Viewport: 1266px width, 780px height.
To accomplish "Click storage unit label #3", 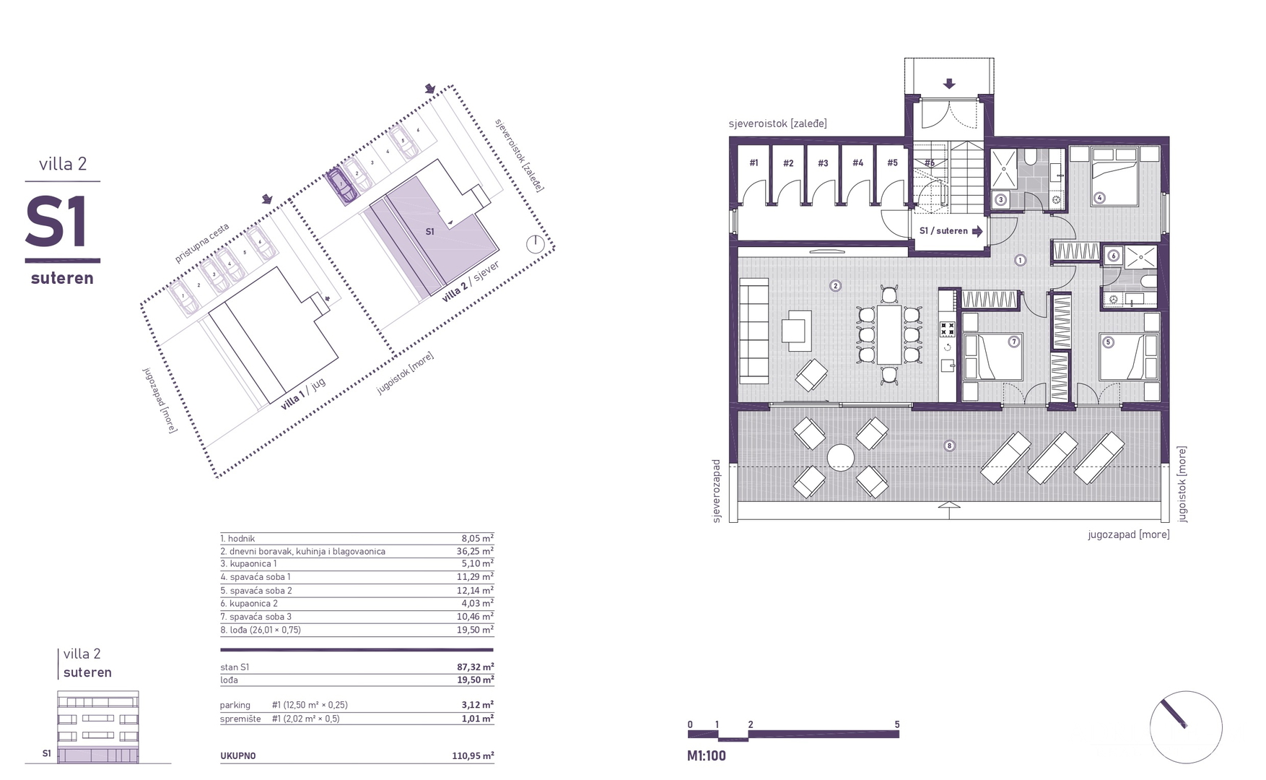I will point(823,163).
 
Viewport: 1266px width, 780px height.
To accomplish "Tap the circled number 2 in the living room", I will point(836,286).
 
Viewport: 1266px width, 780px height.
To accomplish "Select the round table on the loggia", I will point(841,457).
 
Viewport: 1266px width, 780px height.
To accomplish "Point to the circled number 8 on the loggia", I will point(950,446).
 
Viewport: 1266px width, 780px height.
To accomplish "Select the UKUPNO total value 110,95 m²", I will point(473,756).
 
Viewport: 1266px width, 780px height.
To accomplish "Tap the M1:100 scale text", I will point(707,756).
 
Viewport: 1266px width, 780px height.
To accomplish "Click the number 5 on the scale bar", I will point(897,724).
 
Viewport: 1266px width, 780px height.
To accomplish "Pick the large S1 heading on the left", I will point(58,222).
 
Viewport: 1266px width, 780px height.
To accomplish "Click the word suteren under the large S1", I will point(62,278).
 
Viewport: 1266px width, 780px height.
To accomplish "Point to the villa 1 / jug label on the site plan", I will point(304,394).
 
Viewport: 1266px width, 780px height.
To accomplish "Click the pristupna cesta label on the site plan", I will point(201,243).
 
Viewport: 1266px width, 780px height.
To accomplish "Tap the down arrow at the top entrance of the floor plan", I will point(949,84).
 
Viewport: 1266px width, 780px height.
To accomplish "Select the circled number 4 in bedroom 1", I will point(1100,197).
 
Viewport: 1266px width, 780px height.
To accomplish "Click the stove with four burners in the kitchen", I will point(947,330).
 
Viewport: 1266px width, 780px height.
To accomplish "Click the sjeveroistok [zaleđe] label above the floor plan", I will point(778,123).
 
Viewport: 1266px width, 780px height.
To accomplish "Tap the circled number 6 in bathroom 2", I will point(1113,255).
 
